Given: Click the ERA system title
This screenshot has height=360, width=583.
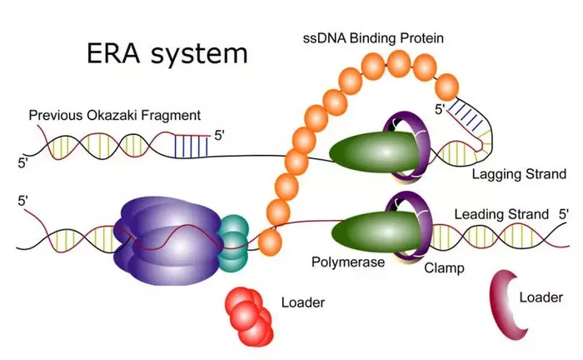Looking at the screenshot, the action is [167, 54].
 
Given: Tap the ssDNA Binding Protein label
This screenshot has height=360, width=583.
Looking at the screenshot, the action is [373, 38].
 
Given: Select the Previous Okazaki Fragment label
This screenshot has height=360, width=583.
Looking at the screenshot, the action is [115, 115].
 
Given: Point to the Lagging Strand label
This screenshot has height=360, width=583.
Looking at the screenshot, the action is [519, 174].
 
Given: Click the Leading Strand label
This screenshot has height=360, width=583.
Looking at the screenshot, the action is [501, 214].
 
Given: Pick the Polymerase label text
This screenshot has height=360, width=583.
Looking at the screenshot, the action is [348, 262].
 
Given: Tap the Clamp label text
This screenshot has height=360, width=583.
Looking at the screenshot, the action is [444, 267].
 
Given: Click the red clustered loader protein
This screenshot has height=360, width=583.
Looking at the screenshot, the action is [249, 316].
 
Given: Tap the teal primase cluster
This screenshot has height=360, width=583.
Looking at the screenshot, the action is [233, 243].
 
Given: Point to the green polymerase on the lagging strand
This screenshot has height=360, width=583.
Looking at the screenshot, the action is [374, 152].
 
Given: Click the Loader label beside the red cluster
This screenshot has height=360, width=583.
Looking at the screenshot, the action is [303, 302].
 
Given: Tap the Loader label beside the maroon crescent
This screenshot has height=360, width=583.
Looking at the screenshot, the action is [541, 297].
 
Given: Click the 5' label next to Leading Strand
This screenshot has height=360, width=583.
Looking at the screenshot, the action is [564, 214].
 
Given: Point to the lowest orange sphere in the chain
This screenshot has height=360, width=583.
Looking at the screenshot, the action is [270, 242].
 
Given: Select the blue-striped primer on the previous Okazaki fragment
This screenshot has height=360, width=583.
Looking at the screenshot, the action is [191, 146].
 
